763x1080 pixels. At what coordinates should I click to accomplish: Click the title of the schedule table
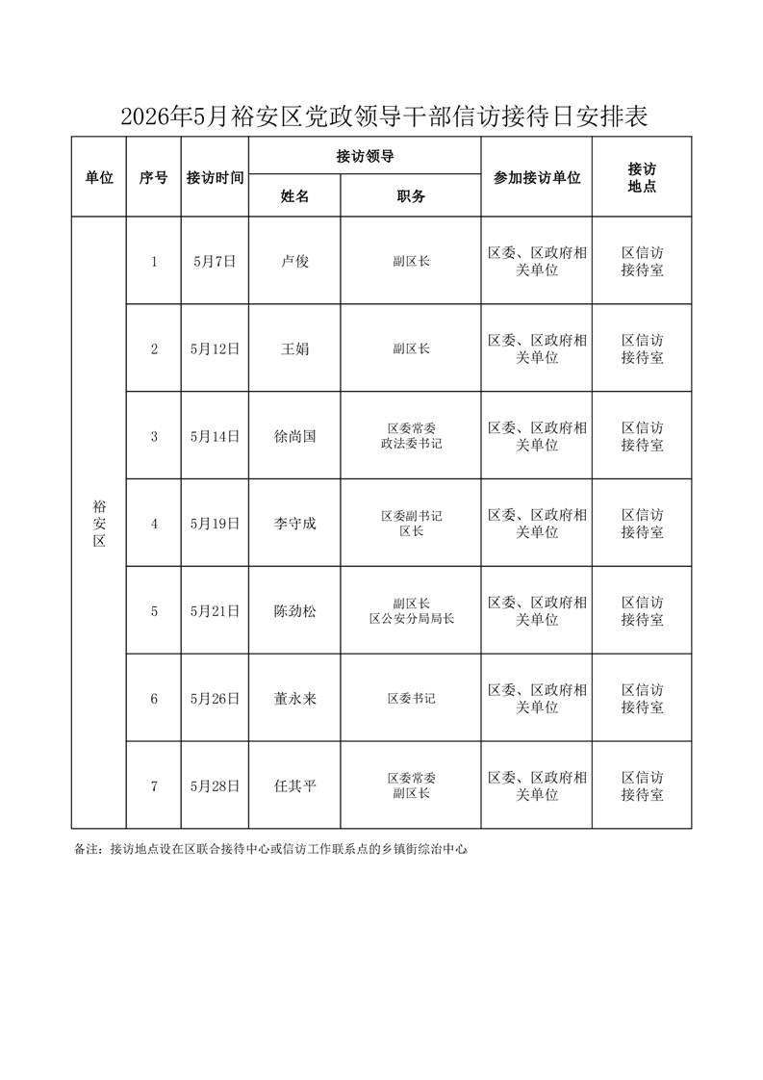(x=382, y=117)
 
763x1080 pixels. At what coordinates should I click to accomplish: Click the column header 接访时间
(x=215, y=178)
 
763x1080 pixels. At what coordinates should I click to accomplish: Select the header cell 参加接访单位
(x=536, y=178)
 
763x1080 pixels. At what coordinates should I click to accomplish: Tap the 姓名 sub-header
(x=294, y=196)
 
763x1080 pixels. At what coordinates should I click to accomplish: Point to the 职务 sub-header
(x=411, y=196)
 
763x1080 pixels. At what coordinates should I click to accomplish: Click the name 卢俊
(x=294, y=261)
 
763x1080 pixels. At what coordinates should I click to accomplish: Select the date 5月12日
(x=215, y=348)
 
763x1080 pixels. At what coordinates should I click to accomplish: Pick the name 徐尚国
(x=294, y=436)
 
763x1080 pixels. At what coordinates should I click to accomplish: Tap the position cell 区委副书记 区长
(x=411, y=524)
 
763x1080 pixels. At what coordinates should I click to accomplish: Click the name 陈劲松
(x=294, y=611)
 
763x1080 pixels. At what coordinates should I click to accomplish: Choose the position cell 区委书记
(x=411, y=699)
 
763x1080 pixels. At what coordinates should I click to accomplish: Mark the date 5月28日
(x=215, y=786)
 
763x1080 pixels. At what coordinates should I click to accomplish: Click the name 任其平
(x=294, y=786)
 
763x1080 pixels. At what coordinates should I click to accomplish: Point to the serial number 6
(x=154, y=699)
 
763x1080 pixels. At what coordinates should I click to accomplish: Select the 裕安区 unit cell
(x=98, y=524)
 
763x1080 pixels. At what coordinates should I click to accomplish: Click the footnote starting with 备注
(x=270, y=850)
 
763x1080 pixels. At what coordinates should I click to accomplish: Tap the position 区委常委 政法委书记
(x=411, y=436)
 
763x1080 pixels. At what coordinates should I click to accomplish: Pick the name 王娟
(x=294, y=348)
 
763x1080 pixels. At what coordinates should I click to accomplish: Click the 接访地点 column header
(x=641, y=178)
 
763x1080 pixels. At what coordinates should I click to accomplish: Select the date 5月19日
(x=215, y=524)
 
